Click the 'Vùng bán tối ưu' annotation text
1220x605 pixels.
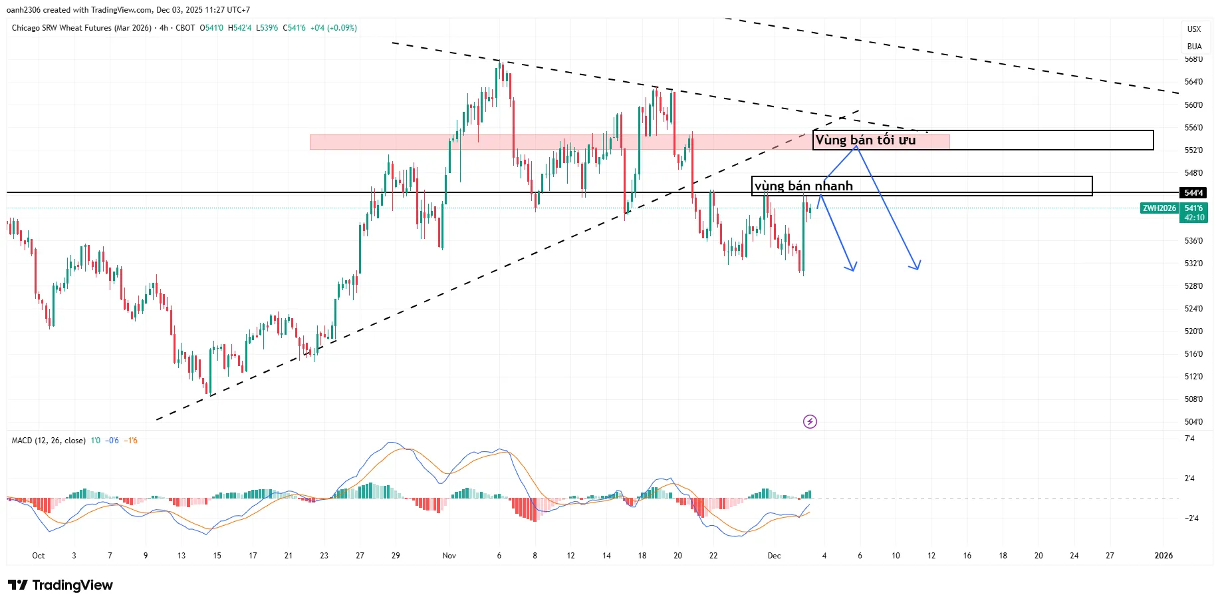click(865, 140)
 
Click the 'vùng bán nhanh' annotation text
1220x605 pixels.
click(803, 186)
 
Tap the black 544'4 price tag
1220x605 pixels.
click(1193, 193)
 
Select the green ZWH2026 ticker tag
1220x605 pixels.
click(1159, 208)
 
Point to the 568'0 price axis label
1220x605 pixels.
click(1193, 59)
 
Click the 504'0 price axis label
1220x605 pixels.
click(1193, 421)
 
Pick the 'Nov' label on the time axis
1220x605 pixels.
click(449, 556)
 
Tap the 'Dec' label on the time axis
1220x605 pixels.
click(774, 556)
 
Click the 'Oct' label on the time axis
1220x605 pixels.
click(39, 556)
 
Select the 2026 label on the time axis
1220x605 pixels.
click(1163, 556)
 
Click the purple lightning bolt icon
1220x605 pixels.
click(810, 421)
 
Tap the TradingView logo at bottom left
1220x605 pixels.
click(61, 585)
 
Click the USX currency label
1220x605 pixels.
click(1194, 29)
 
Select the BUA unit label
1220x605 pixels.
click(1194, 47)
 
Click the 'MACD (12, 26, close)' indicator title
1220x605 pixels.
click(49, 441)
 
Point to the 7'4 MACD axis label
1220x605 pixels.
click(1189, 439)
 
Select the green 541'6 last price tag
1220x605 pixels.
click(1194, 208)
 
